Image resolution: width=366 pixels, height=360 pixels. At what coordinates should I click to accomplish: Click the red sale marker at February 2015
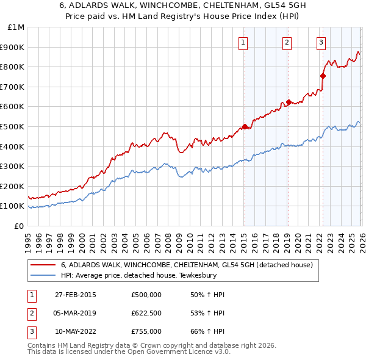(245, 126)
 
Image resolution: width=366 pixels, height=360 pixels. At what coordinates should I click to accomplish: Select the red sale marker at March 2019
(288, 102)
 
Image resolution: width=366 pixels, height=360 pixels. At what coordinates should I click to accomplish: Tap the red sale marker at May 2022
(323, 76)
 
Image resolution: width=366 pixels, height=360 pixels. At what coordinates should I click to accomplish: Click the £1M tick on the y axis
(16, 27)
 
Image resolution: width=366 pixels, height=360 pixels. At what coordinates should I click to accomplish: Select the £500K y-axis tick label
(13, 126)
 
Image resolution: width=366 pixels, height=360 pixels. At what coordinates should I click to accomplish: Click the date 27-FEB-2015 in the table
(76, 295)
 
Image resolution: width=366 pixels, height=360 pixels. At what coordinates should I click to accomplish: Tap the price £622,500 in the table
(146, 313)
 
